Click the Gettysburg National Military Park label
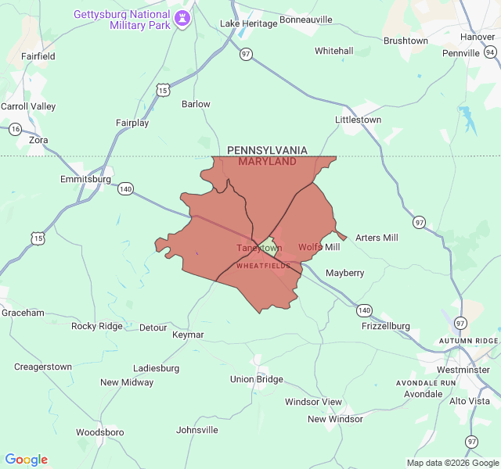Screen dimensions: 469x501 pos(122,20)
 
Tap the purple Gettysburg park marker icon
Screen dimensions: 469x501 pos(182,17)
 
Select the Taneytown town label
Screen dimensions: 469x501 pos(259,249)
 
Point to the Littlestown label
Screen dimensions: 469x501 pos(358,120)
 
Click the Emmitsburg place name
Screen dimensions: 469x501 pos(85,179)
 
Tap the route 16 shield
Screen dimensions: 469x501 pos(15,129)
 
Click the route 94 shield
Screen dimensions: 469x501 pos(490,52)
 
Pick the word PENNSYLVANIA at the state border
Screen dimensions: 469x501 pos(267,150)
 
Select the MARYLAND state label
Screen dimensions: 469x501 pos(267,162)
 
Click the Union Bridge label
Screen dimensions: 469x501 pos(256,379)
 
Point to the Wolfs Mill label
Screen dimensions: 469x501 pos(319,247)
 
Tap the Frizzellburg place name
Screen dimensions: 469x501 pos(385,326)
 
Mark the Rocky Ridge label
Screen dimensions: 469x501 pos(97,326)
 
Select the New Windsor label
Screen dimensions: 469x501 pos(335,419)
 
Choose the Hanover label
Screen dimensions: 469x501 pos(478,37)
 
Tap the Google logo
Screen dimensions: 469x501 pos(26,460)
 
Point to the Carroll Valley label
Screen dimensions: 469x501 pos(28,106)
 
